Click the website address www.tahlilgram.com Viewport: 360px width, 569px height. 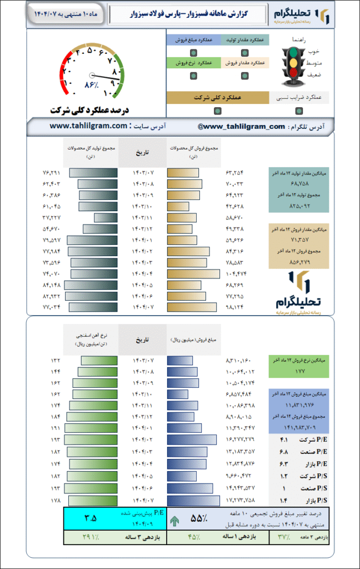coord(89,127)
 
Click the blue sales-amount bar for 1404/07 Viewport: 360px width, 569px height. coord(193,501)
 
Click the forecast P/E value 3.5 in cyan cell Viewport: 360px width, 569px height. coord(91,518)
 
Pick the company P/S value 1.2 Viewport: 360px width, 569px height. coord(283,476)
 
